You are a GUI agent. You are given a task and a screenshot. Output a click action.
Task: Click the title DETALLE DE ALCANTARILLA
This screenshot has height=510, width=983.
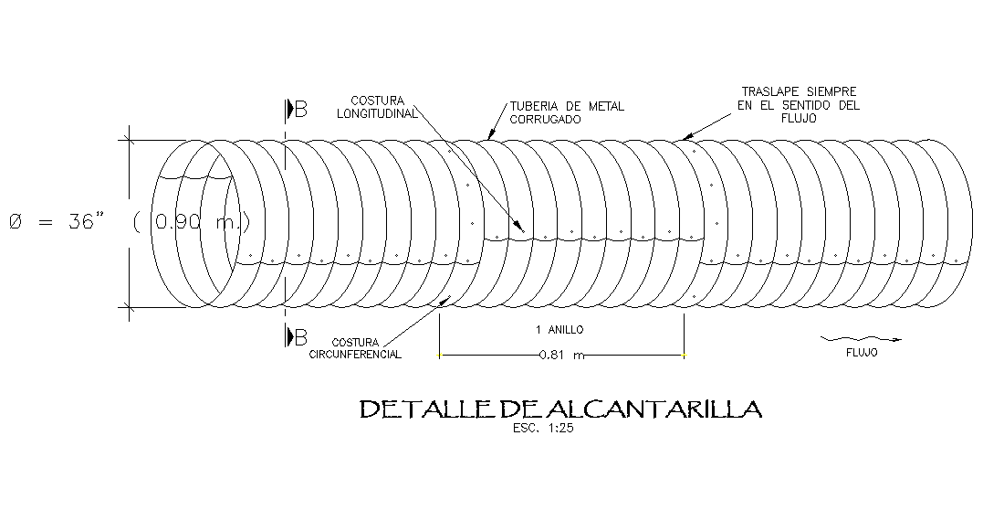click(x=560, y=409)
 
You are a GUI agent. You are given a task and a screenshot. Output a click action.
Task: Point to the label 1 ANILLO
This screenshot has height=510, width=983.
click(x=559, y=329)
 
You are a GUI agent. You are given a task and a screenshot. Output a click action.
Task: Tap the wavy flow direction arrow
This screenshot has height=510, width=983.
click(x=862, y=339)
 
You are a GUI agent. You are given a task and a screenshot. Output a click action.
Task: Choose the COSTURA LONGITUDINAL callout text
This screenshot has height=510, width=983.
click(x=377, y=107)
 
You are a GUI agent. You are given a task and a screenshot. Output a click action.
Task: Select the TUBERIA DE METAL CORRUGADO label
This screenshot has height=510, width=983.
click(x=567, y=112)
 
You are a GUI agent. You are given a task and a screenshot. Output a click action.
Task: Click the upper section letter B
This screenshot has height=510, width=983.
click(x=301, y=110)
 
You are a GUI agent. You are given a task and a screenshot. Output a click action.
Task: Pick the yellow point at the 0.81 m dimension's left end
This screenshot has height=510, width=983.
click(x=439, y=355)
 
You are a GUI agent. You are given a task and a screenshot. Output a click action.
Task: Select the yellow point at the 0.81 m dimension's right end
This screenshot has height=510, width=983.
click(x=685, y=355)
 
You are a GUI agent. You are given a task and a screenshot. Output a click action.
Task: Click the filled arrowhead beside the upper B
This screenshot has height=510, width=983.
click(x=289, y=110)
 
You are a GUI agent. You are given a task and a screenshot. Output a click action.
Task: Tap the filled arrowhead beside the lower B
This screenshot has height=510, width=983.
click(x=289, y=336)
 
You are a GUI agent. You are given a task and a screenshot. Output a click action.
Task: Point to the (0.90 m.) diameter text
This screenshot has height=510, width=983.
click(x=192, y=222)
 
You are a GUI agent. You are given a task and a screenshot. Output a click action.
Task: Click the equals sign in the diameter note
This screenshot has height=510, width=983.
click(x=46, y=222)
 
